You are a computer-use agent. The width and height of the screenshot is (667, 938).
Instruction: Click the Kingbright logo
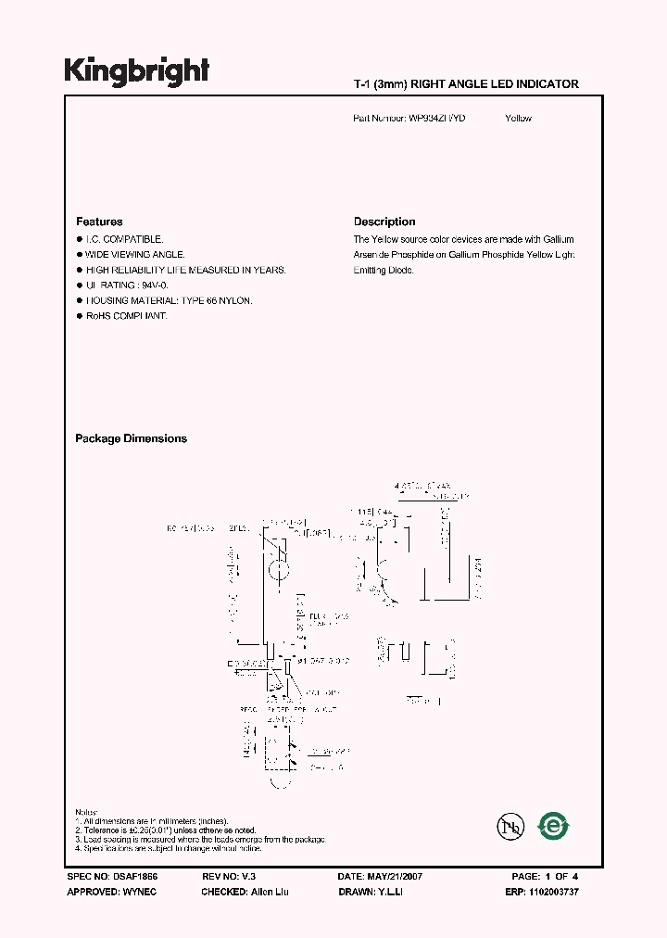(x=136, y=71)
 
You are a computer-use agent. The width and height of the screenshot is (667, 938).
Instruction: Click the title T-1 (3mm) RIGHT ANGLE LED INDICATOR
(x=466, y=84)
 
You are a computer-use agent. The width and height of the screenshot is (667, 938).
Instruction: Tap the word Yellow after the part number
(x=518, y=119)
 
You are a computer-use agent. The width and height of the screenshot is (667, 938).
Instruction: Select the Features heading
(x=99, y=222)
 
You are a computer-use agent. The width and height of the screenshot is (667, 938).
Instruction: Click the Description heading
(x=384, y=222)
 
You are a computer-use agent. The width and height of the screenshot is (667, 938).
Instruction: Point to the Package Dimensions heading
(x=131, y=439)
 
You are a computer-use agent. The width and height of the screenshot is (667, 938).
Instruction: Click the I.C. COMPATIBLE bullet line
(x=124, y=239)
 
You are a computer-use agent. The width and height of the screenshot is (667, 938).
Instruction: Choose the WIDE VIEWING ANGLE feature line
(x=134, y=255)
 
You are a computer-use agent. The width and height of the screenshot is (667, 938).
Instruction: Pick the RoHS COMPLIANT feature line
(x=126, y=317)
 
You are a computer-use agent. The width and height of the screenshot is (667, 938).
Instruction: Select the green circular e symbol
(x=554, y=825)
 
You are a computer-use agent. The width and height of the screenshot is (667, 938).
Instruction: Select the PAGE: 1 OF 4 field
(x=545, y=876)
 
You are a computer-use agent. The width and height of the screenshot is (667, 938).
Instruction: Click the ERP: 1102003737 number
(x=546, y=892)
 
